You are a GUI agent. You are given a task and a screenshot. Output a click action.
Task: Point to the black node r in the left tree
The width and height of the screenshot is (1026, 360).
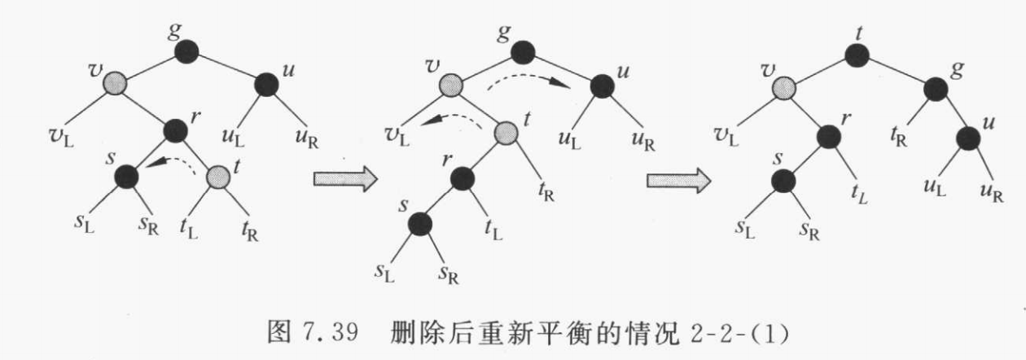coord(175,130)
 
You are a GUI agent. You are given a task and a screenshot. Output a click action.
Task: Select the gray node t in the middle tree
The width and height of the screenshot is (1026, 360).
coord(506,130)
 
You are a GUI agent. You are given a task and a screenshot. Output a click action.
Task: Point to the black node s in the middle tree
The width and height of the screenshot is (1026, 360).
coord(420,222)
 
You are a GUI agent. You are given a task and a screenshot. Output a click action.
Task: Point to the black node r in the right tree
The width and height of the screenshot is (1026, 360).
coord(828,136)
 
